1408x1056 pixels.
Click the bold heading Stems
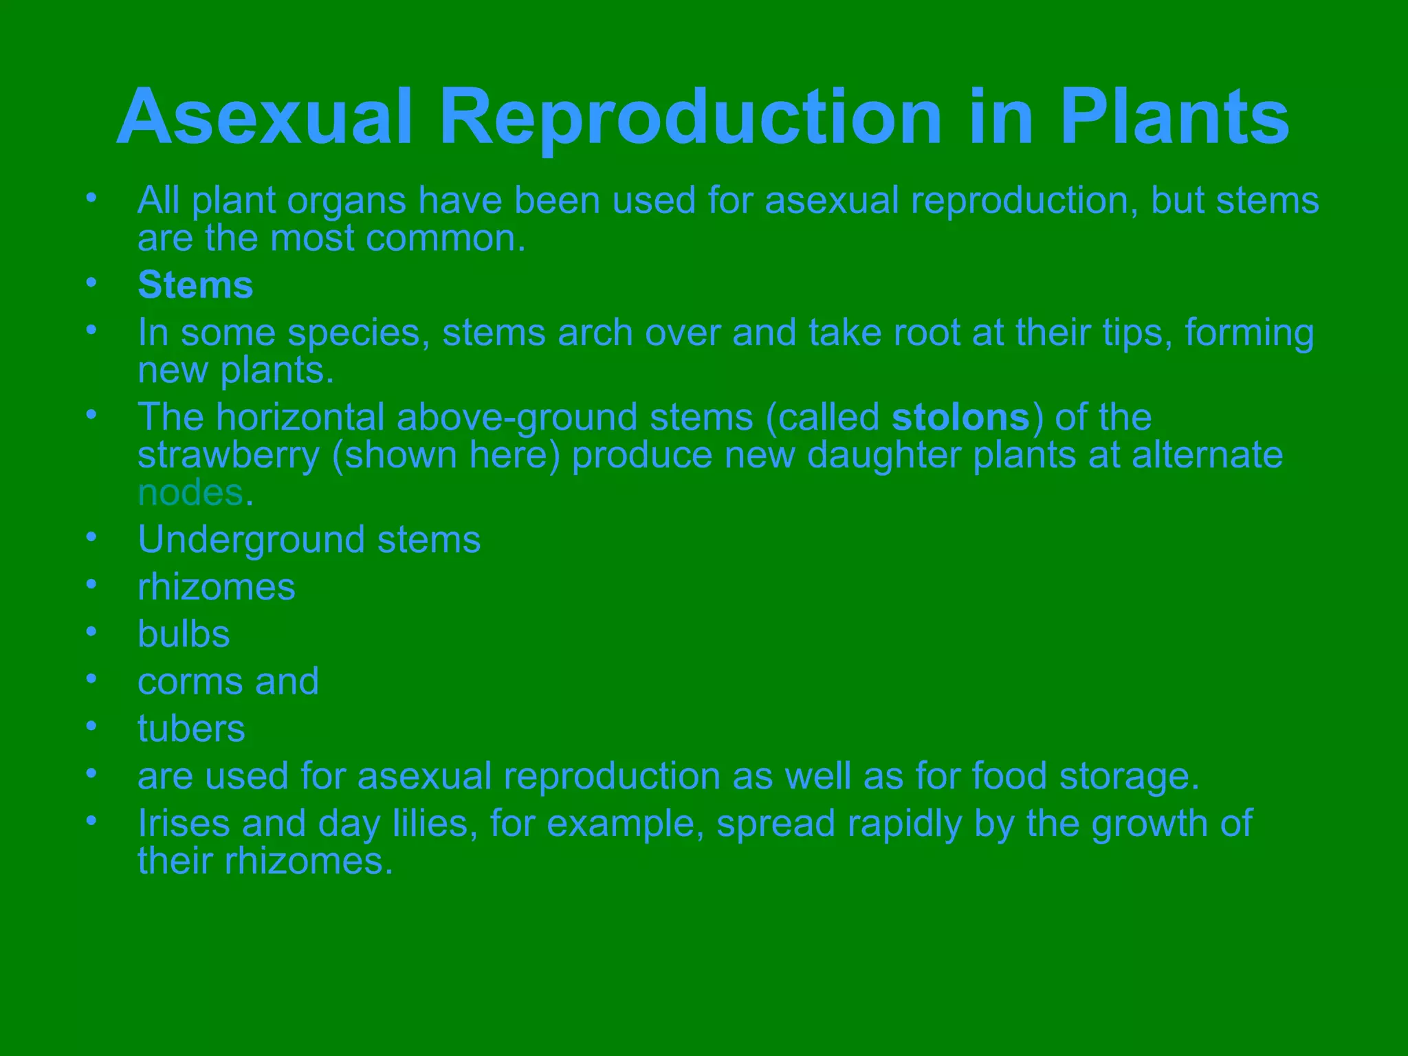point(195,285)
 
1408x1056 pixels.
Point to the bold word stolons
point(960,417)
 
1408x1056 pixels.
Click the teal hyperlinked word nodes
point(190,493)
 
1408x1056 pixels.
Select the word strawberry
point(228,456)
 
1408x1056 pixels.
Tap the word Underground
point(251,540)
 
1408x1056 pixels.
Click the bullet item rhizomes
point(216,587)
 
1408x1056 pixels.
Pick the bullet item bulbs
point(184,634)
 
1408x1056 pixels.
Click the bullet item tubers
point(191,729)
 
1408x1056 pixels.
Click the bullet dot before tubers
point(91,726)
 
